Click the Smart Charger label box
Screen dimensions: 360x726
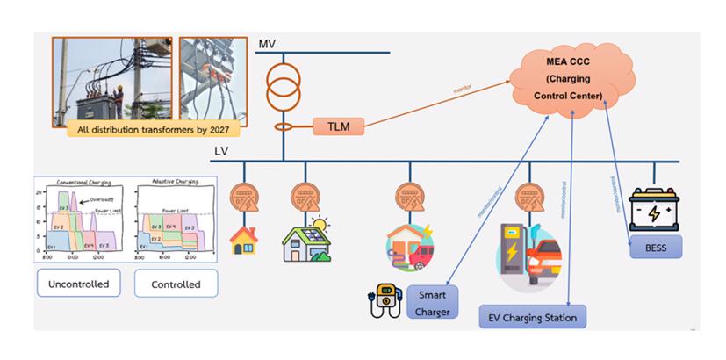432,302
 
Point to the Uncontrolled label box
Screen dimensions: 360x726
77,284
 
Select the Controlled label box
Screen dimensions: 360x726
176,284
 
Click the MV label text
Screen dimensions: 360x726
267,44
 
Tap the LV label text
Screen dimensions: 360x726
222,151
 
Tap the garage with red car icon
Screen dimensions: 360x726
410,245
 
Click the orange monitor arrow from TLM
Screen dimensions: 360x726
439,102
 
